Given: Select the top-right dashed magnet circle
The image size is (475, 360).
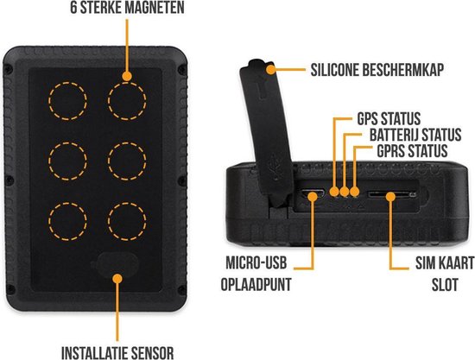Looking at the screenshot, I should pos(125,101).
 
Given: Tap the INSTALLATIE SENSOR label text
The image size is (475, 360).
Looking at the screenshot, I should pos(117,351).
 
